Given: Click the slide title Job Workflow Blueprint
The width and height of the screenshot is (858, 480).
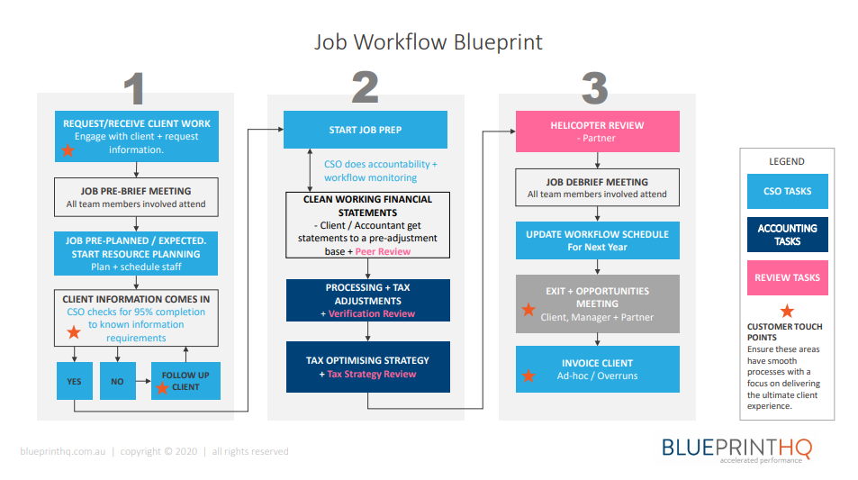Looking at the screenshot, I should [429, 42].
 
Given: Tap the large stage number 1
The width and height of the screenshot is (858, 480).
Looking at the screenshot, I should [134, 89].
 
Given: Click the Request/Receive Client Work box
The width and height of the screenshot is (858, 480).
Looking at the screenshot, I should [137, 136].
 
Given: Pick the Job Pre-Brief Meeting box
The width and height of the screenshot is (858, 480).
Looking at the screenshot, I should [137, 197].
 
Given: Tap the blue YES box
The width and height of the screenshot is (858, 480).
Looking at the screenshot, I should [74, 381].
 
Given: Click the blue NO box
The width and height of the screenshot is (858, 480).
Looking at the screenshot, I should [117, 381].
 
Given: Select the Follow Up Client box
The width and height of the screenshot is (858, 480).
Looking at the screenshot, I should [185, 381].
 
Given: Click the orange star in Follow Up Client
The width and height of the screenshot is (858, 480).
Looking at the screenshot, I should [162, 388].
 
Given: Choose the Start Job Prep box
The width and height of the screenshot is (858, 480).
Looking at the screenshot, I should [365, 130].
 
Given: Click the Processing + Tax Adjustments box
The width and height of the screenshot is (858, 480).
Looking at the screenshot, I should [367, 300].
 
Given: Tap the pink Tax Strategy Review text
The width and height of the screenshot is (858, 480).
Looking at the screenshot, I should [373, 374].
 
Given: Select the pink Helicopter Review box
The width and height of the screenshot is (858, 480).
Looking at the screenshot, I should [597, 131].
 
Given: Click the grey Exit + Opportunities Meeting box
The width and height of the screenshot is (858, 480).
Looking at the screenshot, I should [597, 303].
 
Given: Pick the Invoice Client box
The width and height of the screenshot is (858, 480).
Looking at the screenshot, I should [597, 368].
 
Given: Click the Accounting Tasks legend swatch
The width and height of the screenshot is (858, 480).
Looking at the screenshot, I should [787, 234].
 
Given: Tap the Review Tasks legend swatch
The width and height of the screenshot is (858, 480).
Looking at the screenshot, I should [787, 278].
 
